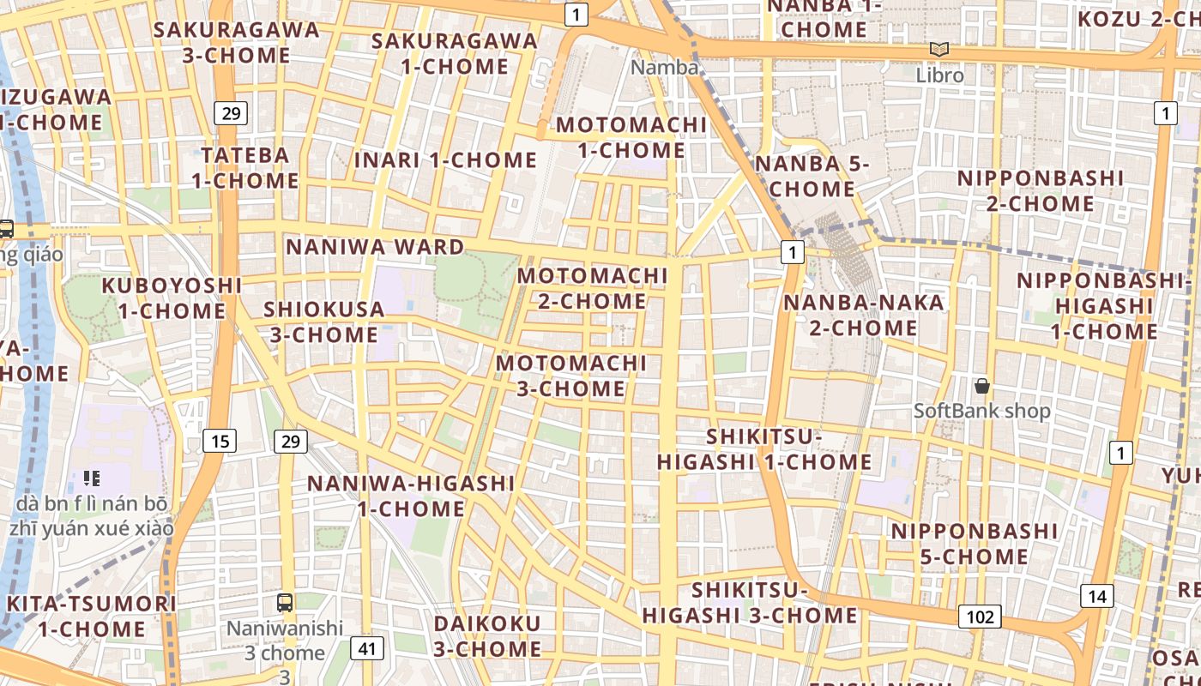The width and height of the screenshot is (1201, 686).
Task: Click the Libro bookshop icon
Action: pyautogui.click(x=939, y=50)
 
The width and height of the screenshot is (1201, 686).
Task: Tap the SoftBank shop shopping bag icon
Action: pyautogui.click(x=981, y=386)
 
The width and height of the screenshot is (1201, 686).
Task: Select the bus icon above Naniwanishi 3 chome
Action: pyautogui.click(x=285, y=602)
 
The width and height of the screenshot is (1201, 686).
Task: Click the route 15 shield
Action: pyautogui.click(x=220, y=441)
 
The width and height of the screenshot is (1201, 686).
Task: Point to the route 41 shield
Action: pyautogui.click(x=367, y=648)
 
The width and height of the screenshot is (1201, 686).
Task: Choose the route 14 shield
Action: pyautogui.click(x=1097, y=596)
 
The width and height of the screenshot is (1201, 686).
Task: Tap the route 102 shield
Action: pyautogui.click(x=980, y=617)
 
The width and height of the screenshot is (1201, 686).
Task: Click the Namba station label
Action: pyautogui.click(x=664, y=67)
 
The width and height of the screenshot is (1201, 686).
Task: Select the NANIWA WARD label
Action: pyautogui.click(x=375, y=247)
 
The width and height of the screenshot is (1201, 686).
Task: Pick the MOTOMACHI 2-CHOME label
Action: pyautogui.click(x=592, y=288)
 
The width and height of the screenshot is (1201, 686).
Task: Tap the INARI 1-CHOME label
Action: pyautogui.click(x=445, y=159)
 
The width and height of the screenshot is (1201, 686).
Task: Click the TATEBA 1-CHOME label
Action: pyautogui.click(x=245, y=168)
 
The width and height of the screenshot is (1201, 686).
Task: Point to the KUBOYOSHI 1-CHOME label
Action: pyautogui.click(x=172, y=298)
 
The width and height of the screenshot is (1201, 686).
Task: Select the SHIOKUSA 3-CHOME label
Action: pyautogui.click(x=323, y=322)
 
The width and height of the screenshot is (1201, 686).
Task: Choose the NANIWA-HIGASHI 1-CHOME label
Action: pyautogui.click(x=411, y=496)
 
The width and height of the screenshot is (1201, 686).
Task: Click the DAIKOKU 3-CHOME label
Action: pyautogui.click(x=486, y=635)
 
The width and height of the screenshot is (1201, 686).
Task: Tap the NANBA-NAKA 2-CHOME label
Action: pyautogui.click(x=851, y=315)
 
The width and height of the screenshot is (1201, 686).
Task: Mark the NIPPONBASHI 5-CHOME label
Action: pyautogui.click(x=975, y=544)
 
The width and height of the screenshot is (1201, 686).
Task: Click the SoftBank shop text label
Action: pyautogui.click(x=981, y=411)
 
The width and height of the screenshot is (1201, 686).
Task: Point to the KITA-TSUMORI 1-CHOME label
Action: pyautogui.click(x=91, y=616)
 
